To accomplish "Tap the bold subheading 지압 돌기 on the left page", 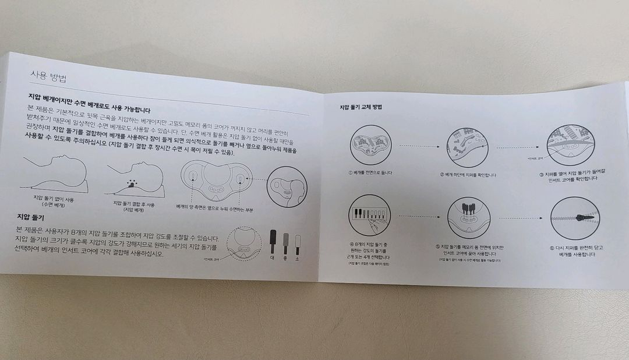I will pos(32,217).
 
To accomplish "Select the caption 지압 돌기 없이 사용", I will pos(56,199).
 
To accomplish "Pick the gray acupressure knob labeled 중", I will pos(285,241).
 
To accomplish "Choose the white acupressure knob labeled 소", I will pos(298,241).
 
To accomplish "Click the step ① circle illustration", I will pos(371,146).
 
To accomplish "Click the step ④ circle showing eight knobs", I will pos(370,216).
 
